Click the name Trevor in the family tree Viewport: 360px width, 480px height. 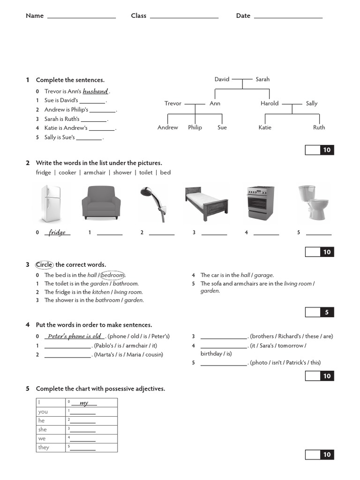pos(172,104)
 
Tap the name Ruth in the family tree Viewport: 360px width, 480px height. pos(319,127)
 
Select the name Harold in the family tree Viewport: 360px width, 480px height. pos(270,104)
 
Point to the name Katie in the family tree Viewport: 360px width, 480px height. pos(265,127)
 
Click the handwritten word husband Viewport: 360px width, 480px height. pos(95,91)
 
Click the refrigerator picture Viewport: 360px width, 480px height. pos(50,203)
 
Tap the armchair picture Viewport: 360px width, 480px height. pos(101,203)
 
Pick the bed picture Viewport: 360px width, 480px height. pos(206,203)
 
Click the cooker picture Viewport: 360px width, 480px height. pos(260,203)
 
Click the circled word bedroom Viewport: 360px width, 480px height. pos(113,275)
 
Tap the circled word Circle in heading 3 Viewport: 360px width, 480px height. pos(45,265)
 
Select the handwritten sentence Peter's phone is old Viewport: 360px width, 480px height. pos(75,336)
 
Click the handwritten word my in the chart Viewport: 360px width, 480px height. pos(84,403)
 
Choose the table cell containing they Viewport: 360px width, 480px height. pos(51,448)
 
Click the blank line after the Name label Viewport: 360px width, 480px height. pos(82,16)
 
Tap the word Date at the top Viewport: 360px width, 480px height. pos(243,16)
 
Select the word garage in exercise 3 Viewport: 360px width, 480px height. pos(263,275)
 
